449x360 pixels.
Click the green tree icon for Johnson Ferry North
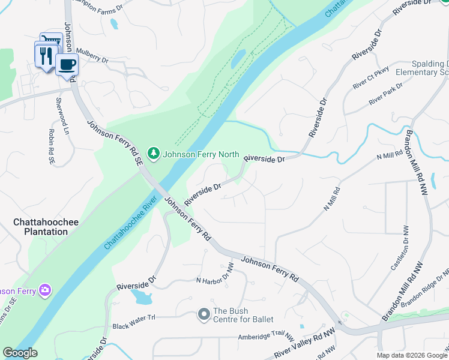pos(154,154)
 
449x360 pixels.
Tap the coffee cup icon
pos(67,64)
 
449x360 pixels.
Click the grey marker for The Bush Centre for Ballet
pos(204,314)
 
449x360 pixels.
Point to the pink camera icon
pos(44,290)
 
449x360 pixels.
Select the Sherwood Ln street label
pos(59,107)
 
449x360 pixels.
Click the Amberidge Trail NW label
pos(255,338)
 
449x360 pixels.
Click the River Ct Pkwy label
pos(371,78)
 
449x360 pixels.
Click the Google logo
pos(20,353)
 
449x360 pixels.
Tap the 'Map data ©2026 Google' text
pos(411,355)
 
